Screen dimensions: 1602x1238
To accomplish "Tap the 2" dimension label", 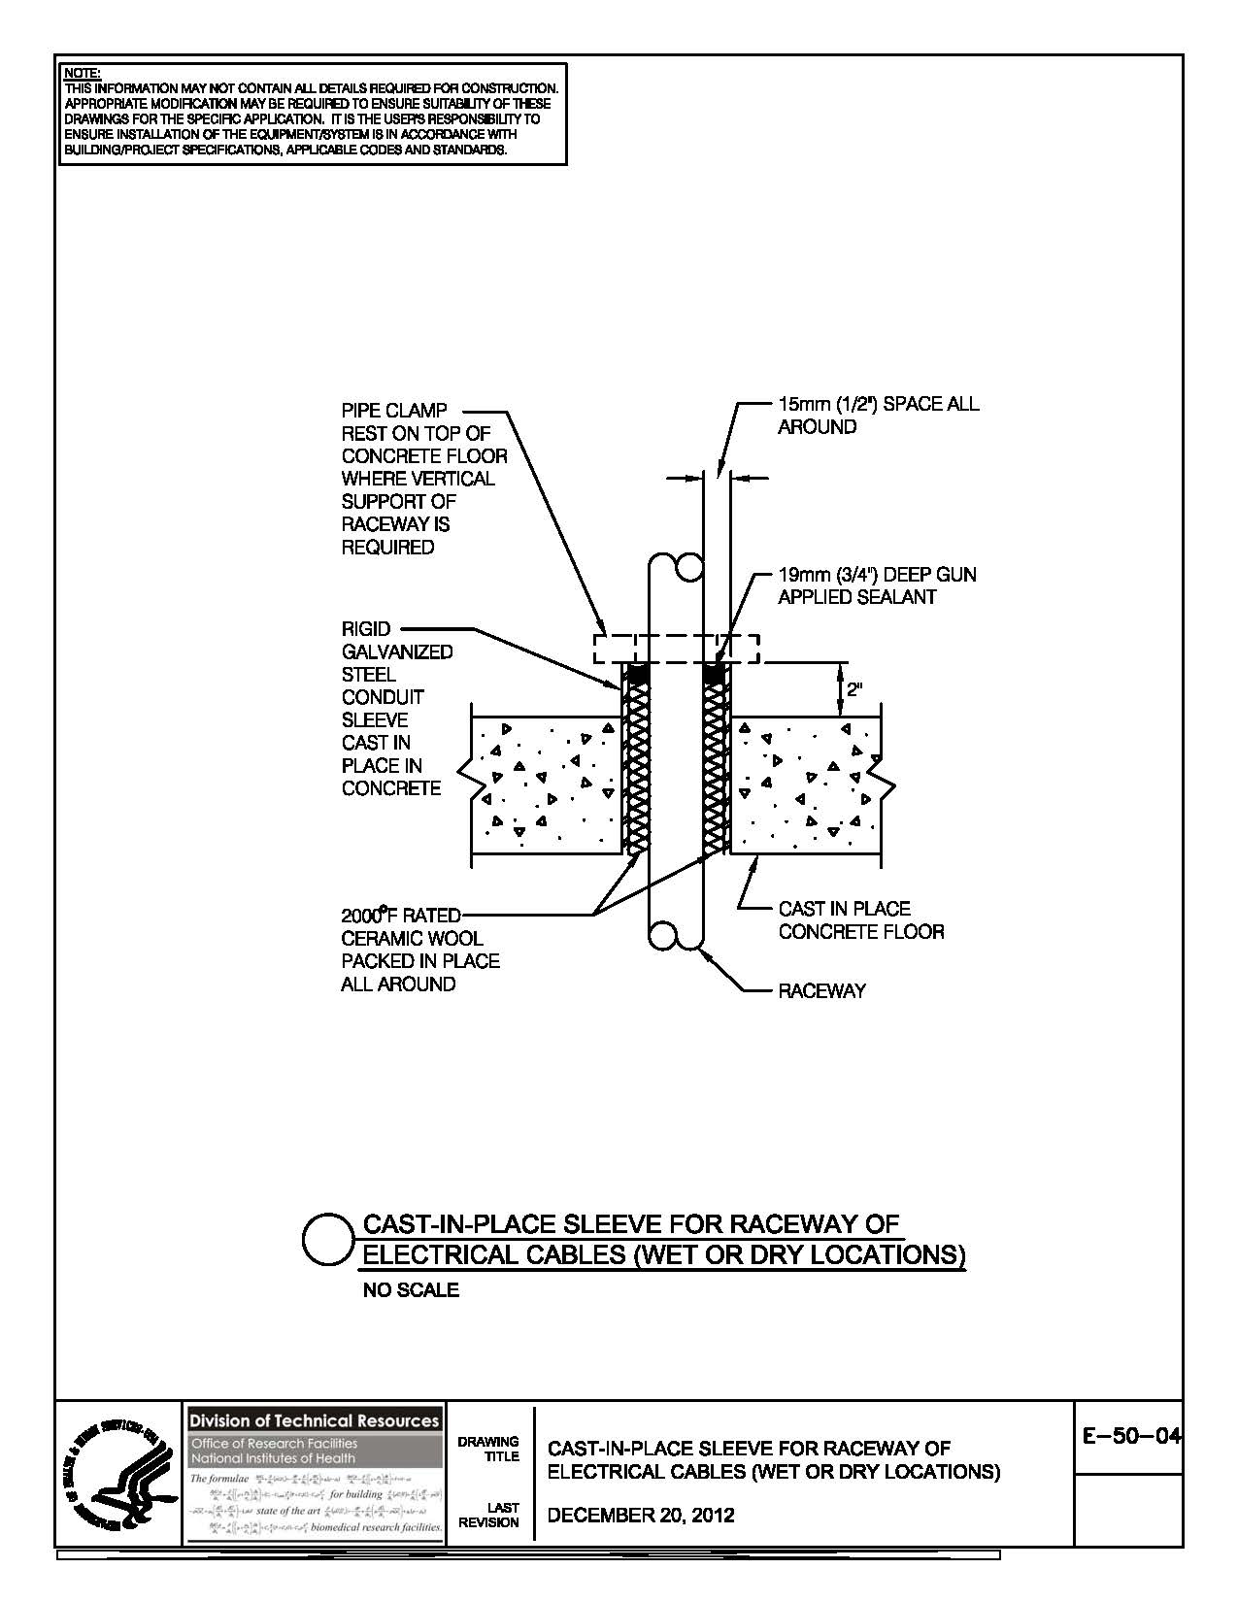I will [x=854, y=690].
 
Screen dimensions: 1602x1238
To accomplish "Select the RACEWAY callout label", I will [x=821, y=991].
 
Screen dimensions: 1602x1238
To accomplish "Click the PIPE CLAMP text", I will [x=394, y=411].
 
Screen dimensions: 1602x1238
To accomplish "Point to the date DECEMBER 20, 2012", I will [x=641, y=1515].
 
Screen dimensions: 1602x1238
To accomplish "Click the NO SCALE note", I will [x=411, y=1290].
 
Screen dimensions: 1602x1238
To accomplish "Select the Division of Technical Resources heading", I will [x=314, y=1420].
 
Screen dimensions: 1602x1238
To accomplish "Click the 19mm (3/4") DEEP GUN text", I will [x=877, y=575].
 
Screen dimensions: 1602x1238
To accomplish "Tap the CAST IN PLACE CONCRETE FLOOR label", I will [x=860, y=920].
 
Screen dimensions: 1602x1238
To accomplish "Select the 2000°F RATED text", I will [x=400, y=915].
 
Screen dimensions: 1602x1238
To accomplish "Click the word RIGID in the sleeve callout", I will [x=366, y=629].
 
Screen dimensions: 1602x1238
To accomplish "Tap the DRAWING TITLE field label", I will [x=502, y=1449].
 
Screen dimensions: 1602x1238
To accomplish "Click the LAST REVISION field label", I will [x=502, y=1515].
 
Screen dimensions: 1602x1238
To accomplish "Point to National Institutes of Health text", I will [x=273, y=1458].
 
